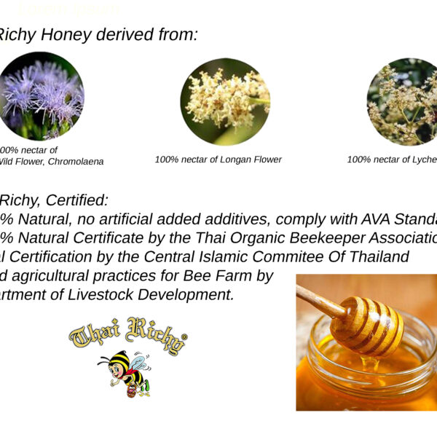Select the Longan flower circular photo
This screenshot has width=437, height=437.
click(x=225, y=101)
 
